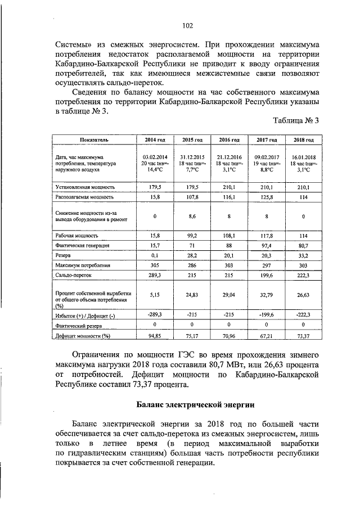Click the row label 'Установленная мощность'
point(85,186)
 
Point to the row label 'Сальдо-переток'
point(73,276)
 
